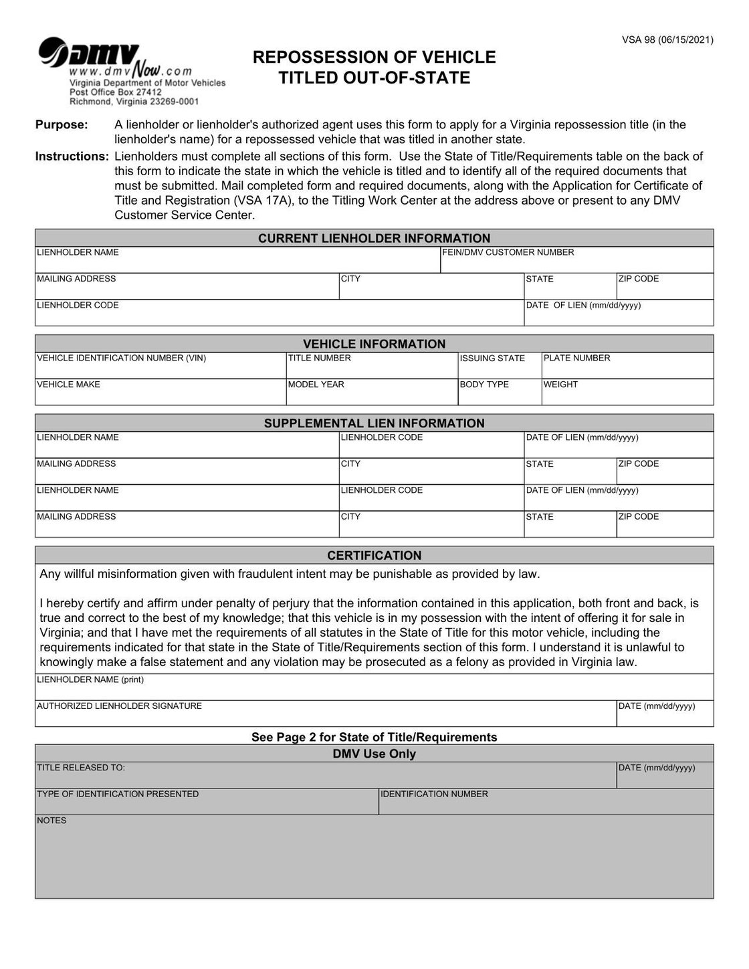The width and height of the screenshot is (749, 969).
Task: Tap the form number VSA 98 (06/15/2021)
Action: (x=667, y=40)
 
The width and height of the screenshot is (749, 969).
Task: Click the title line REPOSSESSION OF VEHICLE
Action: (x=374, y=58)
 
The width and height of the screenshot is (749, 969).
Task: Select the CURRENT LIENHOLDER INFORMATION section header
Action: (x=374, y=238)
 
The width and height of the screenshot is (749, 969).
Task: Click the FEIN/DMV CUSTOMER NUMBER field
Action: (x=576, y=260)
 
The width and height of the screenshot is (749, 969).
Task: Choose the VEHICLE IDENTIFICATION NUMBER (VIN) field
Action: (x=160, y=366)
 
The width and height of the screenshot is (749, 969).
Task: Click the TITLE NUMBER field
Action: (x=372, y=366)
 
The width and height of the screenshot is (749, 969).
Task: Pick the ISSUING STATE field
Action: (x=500, y=366)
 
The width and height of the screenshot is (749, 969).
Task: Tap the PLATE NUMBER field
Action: (x=627, y=366)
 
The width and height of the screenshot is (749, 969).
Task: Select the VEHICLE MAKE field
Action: (x=160, y=393)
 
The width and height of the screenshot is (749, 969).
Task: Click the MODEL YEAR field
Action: (x=372, y=393)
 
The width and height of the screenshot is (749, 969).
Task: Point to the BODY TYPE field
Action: (x=500, y=393)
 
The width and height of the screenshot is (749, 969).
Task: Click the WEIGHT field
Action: (x=627, y=393)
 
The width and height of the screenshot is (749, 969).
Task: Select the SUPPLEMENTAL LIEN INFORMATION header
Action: (x=374, y=423)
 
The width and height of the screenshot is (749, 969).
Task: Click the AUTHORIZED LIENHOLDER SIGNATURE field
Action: (x=325, y=714)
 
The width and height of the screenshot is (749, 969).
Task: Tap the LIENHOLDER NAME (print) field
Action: (x=374, y=688)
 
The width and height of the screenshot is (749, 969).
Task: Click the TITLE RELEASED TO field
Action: (x=325, y=776)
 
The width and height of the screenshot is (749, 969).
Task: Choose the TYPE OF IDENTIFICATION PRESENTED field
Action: (x=207, y=802)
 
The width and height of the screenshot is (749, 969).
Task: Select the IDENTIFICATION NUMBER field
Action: (x=546, y=802)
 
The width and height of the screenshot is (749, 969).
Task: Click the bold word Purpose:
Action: (x=62, y=125)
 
